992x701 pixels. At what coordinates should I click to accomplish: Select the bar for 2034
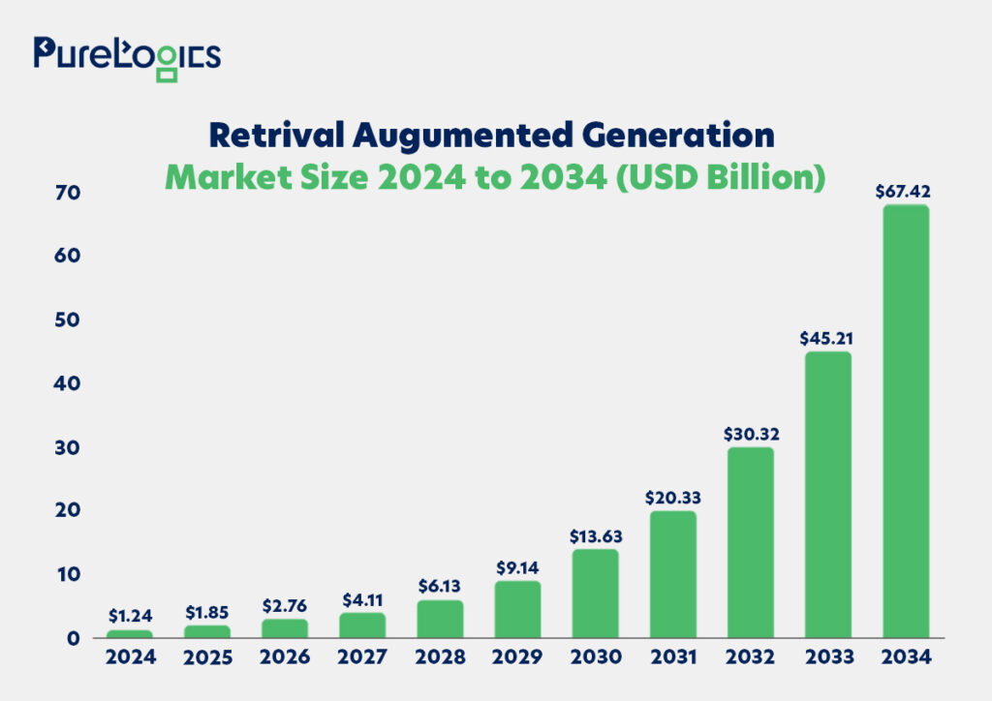906,421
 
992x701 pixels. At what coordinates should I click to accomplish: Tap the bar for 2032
751,542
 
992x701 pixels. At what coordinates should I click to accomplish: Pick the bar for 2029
518,609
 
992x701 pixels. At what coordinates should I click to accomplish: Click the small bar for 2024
130,634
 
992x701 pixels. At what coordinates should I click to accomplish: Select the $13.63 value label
596,535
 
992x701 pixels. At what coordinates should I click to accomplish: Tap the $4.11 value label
363,599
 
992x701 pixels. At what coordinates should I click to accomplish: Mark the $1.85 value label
208,612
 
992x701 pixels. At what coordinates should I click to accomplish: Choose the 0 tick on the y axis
46,638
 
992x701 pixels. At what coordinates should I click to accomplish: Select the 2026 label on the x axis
286,657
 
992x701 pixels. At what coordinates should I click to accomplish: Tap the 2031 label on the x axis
673,657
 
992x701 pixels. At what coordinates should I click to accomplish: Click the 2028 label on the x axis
441,657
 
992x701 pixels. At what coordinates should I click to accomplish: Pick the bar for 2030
596,594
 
